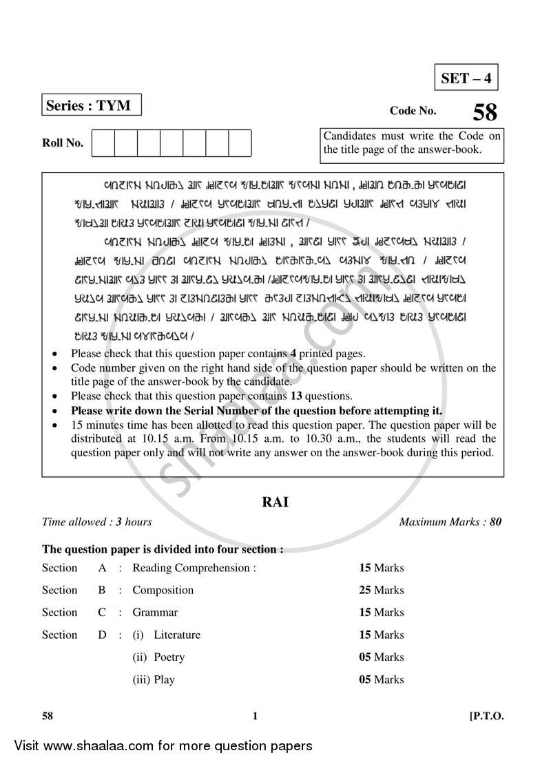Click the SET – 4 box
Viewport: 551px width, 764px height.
[466, 78]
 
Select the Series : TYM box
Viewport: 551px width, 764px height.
[92, 105]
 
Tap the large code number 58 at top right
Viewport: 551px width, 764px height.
[485, 112]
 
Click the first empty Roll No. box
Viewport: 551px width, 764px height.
[103, 143]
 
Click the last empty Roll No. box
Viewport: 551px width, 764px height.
[240, 143]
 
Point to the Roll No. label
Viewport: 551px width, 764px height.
[63, 143]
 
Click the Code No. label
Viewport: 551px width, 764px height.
[413, 111]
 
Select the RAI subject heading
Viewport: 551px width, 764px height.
[275, 502]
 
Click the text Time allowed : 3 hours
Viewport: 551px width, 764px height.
[97, 522]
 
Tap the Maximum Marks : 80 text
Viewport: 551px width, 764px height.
[450, 522]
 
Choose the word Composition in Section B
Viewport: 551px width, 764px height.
[163, 590]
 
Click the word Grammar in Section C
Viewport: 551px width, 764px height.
[155, 612]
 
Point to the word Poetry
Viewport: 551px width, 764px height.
[169, 657]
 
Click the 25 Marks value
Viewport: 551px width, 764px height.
[382, 590]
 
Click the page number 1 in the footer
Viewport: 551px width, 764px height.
[255, 716]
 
